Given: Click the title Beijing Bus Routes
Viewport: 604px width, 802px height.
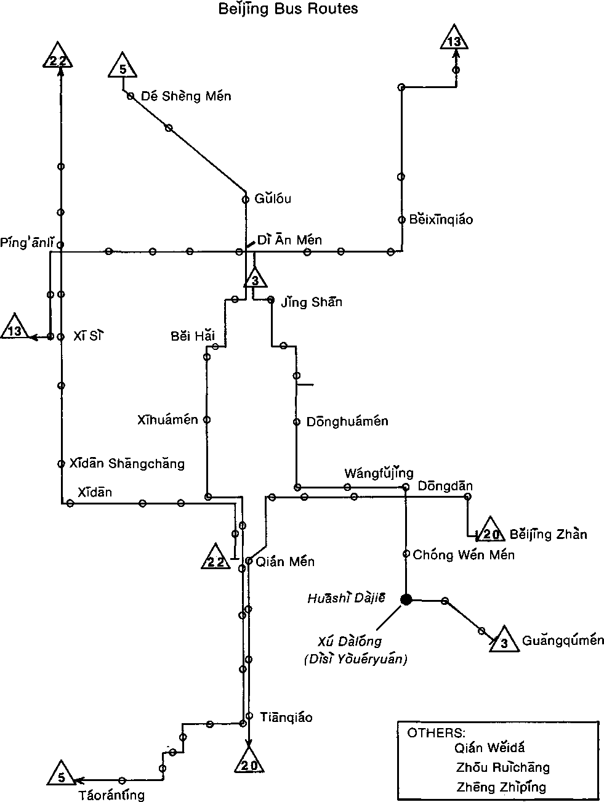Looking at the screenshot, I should [288, 9].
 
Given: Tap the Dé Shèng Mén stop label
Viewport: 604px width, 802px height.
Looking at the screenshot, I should [186, 96].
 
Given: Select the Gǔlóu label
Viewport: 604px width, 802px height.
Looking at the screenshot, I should [273, 198].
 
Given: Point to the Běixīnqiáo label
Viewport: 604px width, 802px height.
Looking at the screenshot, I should [441, 219].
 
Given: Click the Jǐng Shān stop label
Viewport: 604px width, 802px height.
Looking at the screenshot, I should [312, 302].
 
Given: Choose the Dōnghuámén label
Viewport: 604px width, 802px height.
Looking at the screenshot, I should [347, 421].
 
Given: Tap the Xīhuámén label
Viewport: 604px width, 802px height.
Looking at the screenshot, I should [168, 420].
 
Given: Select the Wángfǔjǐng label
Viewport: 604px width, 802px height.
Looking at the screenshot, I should [379, 473].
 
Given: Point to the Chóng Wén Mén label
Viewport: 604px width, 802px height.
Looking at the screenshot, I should [464, 554].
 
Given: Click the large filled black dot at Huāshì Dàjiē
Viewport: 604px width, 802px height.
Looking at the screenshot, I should [406, 599].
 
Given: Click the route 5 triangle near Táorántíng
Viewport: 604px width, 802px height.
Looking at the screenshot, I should [61, 774].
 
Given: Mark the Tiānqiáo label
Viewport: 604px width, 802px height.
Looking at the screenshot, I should [286, 717].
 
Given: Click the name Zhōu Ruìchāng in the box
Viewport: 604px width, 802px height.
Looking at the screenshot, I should [503, 768].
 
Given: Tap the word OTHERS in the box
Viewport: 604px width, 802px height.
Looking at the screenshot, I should [437, 733].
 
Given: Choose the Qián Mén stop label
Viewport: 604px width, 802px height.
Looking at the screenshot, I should [284, 561].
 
